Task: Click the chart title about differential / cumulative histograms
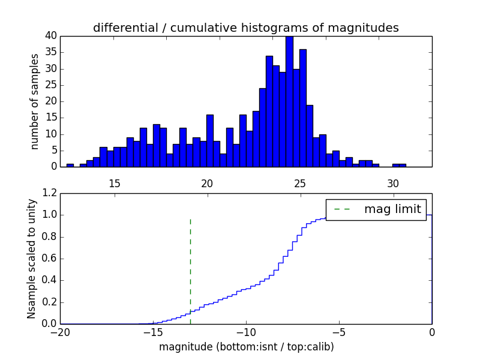click(245, 28)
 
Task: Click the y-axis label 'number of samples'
click(35, 101)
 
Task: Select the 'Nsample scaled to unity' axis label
click(32, 258)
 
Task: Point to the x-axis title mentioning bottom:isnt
click(246, 347)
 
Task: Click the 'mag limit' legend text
click(393, 209)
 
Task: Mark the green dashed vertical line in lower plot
click(190, 270)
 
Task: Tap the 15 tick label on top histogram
click(114, 183)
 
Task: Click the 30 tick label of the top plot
click(393, 183)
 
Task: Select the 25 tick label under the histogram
click(300, 183)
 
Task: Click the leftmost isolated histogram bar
click(70, 165)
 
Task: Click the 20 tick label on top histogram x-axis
click(207, 183)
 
